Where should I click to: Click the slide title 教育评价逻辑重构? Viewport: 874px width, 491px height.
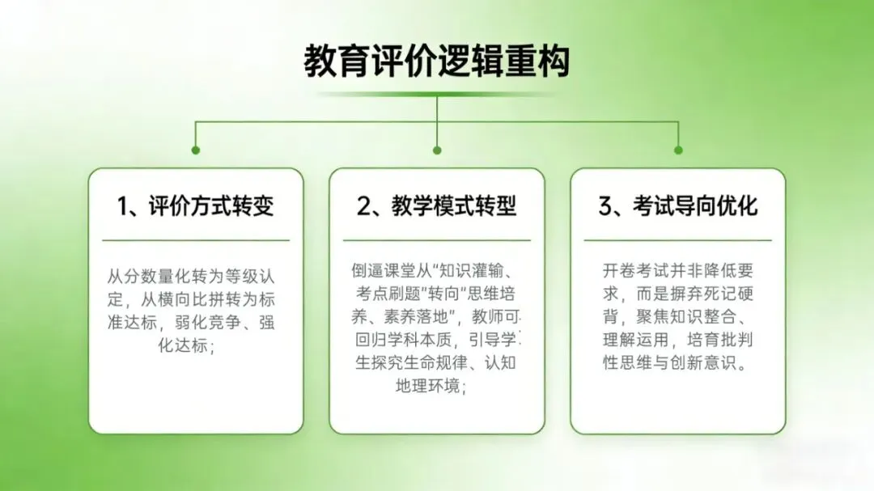[437, 62]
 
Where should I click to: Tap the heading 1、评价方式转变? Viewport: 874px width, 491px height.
[196, 205]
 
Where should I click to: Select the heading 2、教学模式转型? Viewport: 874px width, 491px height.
[437, 205]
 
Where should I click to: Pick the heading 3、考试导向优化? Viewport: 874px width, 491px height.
[678, 205]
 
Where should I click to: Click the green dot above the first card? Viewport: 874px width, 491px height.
[196, 150]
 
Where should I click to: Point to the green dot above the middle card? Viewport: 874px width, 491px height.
[437, 150]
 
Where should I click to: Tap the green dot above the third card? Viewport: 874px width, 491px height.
[678, 150]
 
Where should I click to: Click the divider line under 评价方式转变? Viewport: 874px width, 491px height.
[196, 240]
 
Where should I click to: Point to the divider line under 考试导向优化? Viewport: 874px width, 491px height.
[678, 240]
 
